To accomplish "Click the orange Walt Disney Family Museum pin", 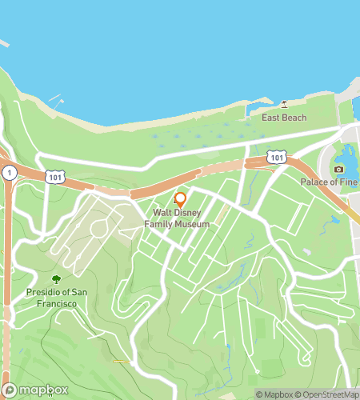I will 180,199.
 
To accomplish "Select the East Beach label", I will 284,118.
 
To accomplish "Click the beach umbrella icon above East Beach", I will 284,105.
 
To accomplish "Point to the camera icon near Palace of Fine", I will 339,169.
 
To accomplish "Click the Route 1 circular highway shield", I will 8,172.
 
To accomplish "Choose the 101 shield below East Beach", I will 277,158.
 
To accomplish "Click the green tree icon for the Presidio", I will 56,279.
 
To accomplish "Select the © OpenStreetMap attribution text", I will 329,394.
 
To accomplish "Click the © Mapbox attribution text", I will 274,394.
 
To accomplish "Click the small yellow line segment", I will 121,361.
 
